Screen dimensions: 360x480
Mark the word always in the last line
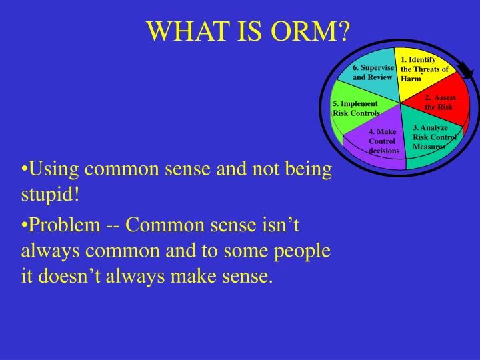pyautogui.click(x=149, y=275)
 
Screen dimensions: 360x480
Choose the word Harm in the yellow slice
pyautogui.click(x=411, y=79)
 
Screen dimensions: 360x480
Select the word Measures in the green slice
pyautogui.click(x=429, y=146)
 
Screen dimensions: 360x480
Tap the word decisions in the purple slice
pyautogui.click(x=383, y=151)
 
